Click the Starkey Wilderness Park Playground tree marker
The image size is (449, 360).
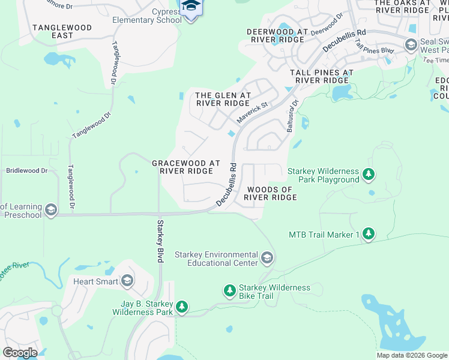[369, 175]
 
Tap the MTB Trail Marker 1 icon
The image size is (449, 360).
[369, 234]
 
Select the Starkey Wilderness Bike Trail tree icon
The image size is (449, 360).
[229, 291]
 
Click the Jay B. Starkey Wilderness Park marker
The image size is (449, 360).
[182, 307]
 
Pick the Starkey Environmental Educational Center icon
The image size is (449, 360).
[267, 259]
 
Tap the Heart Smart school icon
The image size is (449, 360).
[127, 281]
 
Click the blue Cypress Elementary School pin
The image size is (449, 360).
[191, 7]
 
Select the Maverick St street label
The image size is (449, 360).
[252, 113]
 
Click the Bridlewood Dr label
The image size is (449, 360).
[26, 170]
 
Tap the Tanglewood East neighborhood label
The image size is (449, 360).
[62, 32]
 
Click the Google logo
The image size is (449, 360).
[20, 353]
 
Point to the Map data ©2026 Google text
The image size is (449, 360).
[411, 355]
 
